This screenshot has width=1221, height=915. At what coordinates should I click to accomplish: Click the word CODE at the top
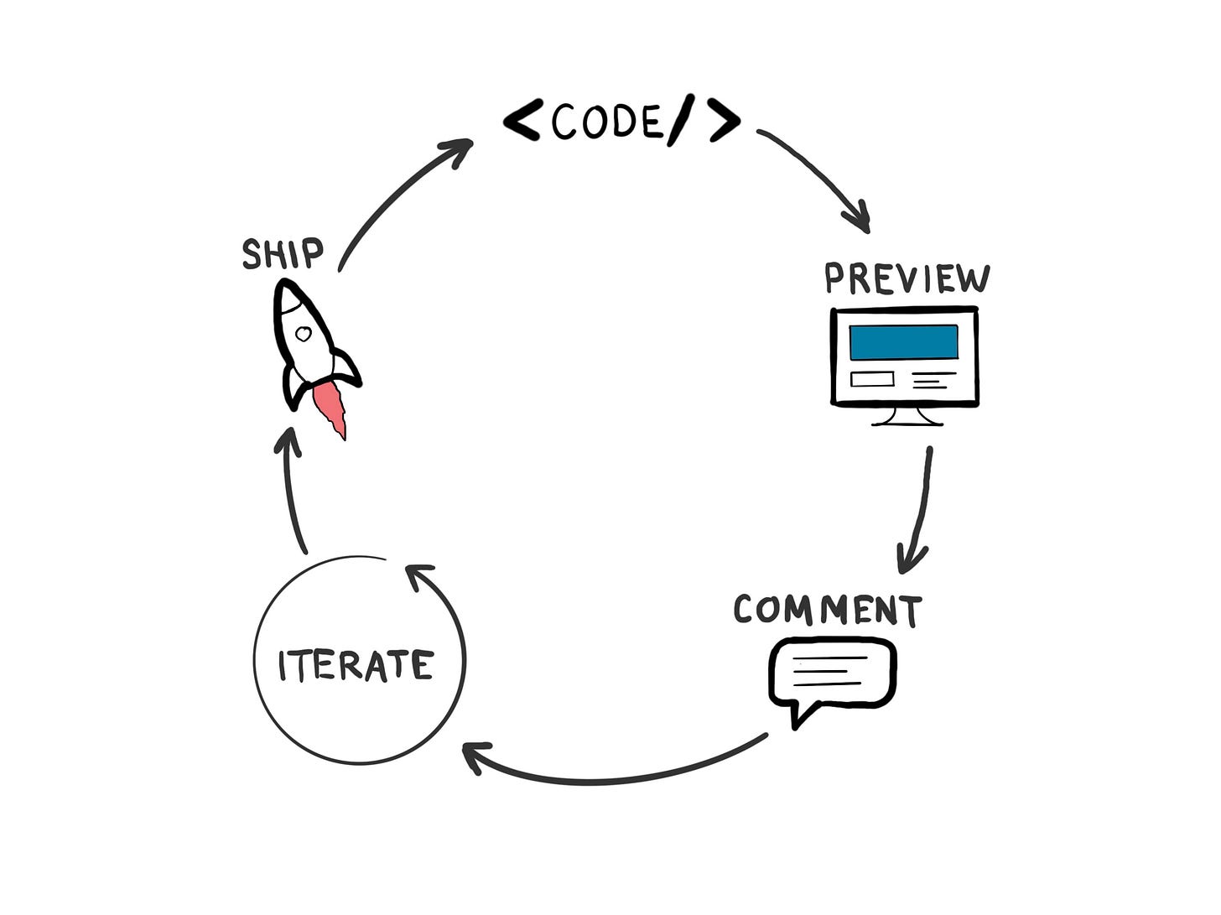coord(605,122)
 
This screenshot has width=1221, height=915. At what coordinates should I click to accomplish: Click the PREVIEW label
coord(907,278)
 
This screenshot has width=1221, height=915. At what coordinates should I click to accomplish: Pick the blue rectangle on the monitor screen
coord(903,342)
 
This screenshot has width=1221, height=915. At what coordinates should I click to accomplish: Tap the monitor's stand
coord(907,416)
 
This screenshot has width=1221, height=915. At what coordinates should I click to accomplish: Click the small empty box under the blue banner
coord(871,379)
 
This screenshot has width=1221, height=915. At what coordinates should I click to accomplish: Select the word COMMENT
coord(828,610)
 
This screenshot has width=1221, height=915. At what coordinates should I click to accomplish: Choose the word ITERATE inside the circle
coord(356,666)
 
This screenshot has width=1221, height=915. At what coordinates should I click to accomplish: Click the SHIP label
coord(282,253)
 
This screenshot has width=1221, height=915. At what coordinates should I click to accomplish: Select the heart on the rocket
coord(304,334)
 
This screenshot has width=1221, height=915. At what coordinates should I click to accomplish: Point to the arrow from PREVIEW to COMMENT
coord(921,512)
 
